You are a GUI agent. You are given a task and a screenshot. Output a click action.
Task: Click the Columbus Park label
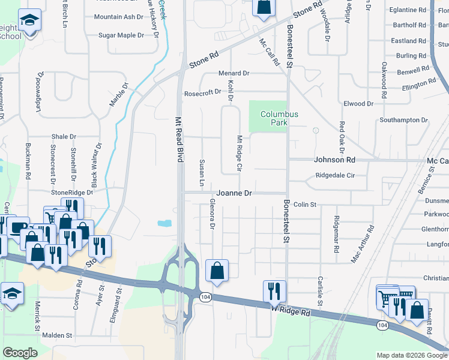pos(279,118)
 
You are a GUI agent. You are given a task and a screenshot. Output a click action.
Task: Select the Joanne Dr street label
pos(234,193)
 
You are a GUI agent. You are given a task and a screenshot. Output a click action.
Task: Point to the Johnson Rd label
pos(335,160)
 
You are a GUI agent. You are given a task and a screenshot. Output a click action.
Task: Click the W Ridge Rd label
pos(290,311)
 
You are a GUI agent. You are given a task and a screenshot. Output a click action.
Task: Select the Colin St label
pos(305,205)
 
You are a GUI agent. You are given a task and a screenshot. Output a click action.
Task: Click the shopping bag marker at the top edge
pos(263,7)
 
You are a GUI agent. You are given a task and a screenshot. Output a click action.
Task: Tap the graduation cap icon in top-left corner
pos(29,21)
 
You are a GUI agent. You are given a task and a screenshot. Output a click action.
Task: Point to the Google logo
pos(20,353)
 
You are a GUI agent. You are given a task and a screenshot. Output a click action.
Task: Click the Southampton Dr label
pos(403,120)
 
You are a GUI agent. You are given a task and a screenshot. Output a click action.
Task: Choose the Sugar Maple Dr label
pos(121,35)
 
